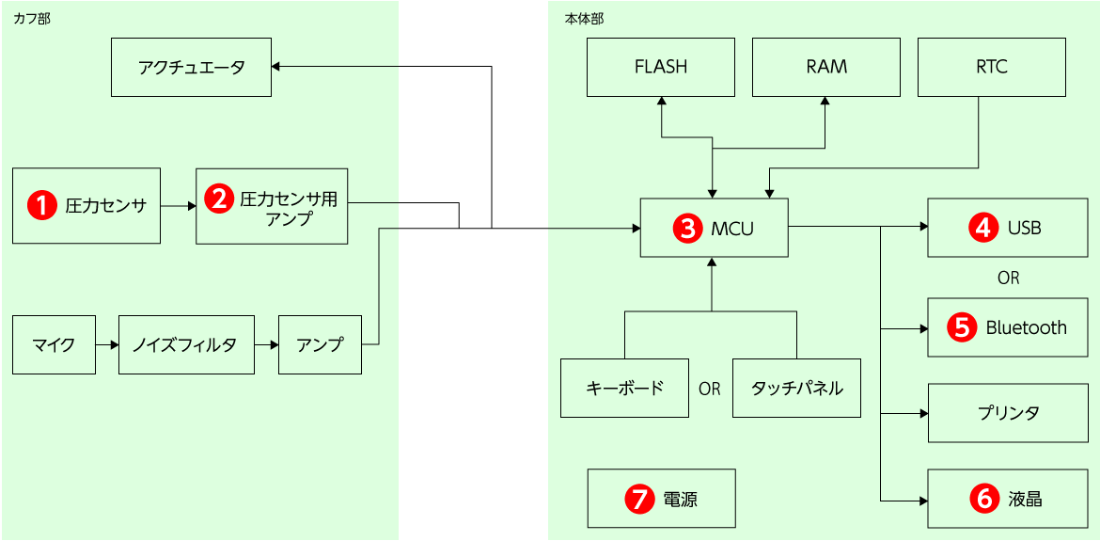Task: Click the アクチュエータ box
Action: (x=191, y=67)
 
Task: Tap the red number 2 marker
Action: (x=219, y=199)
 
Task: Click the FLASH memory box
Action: (x=661, y=67)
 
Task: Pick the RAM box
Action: (x=826, y=67)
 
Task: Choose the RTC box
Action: (x=991, y=67)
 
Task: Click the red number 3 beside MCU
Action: (x=688, y=228)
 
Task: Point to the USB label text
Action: (x=1024, y=228)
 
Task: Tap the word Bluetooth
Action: (x=1026, y=327)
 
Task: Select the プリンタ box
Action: (x=1007, y=413)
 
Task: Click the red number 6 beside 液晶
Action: (x=984, y=499)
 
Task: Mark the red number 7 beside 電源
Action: (x=639, y=499)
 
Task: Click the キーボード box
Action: (x=625, y=388)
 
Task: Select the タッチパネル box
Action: (x=796, y=388)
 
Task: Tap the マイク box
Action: (x=54, y=345)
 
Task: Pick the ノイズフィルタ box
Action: (x=187, y=345)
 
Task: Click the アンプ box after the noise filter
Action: (x=320, y=345)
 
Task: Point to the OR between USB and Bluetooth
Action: (x=1008, y=278)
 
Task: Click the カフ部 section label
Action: (x=32, y=19)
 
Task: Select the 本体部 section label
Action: (x=583, y=19)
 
